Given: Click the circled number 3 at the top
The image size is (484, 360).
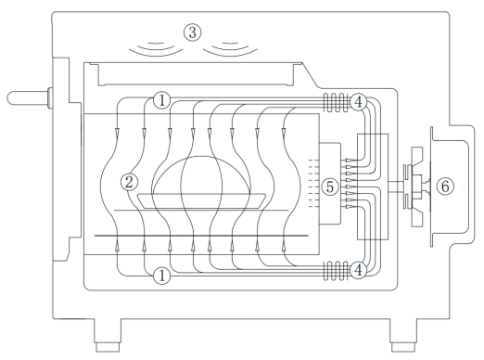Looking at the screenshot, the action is (x=193, y=32).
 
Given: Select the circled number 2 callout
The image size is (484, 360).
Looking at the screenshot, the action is (x=129, y=182).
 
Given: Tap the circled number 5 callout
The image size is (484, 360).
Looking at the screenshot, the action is (x=330, y=186).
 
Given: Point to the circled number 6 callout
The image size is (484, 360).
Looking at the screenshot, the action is (x=445, y=186).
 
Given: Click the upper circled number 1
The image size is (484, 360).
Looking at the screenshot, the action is (x=162, y=100).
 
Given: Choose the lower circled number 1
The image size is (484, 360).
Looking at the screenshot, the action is (x=162, y=276).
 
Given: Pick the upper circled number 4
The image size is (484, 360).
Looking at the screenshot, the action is (x=358, y=102).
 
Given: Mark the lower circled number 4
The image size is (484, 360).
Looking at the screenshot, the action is (x=358, y=270).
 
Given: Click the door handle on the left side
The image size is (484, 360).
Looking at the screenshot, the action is (x=30, y=98).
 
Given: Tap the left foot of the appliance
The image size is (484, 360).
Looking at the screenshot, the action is (x=108, y=335).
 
